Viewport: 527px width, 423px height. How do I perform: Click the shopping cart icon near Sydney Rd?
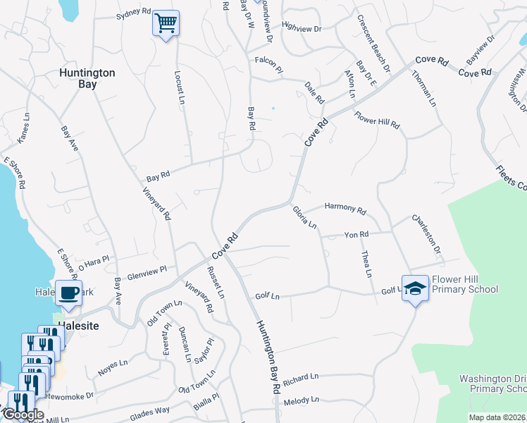[x=166, y=23]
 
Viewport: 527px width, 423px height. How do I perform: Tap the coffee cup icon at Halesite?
[x=68, y=292]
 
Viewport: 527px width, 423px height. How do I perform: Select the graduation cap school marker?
[x=416, y=288]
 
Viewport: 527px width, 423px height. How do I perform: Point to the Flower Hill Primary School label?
[x=465, y=284]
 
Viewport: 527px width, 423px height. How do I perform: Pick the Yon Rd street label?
[x=356, y=235]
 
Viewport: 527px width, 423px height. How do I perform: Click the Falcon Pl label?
[x=268, y=61]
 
